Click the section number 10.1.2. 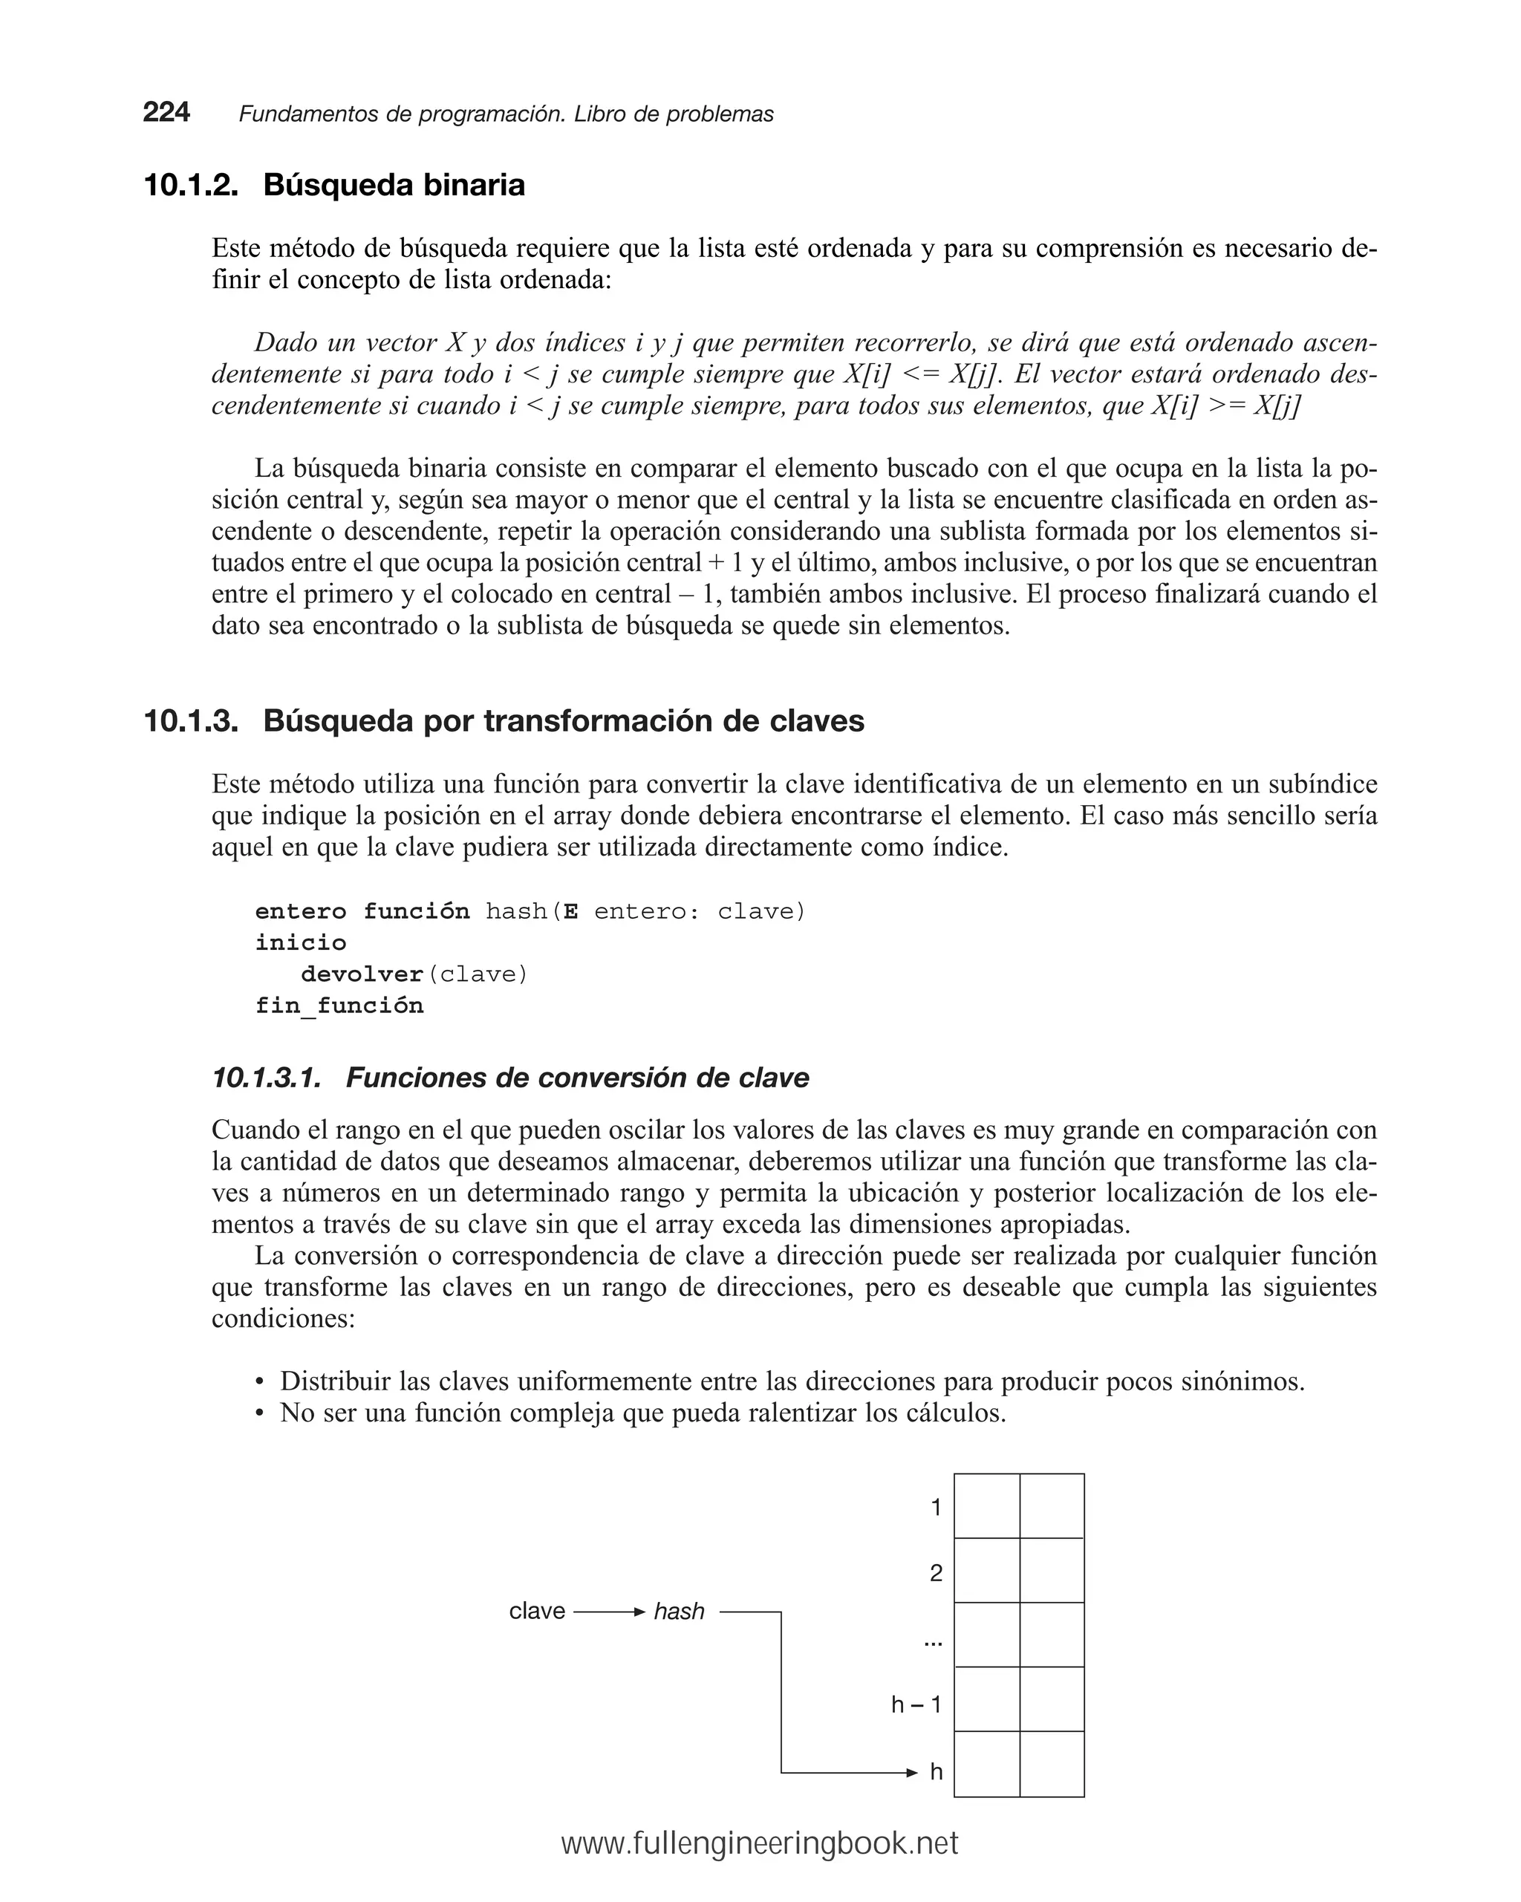click(x=191, y=185)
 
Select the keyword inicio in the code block click(x=301, y=942)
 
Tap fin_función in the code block click(x=339, y=1006)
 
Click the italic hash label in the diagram click(x=679, y=1612)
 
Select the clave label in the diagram click(x=536, y=1611)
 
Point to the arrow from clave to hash click(x=609, y=1612)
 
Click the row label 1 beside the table click(x=936, y=1508)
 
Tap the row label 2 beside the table click(x=936, y=1573)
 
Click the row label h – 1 click(x=916, y=1704)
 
